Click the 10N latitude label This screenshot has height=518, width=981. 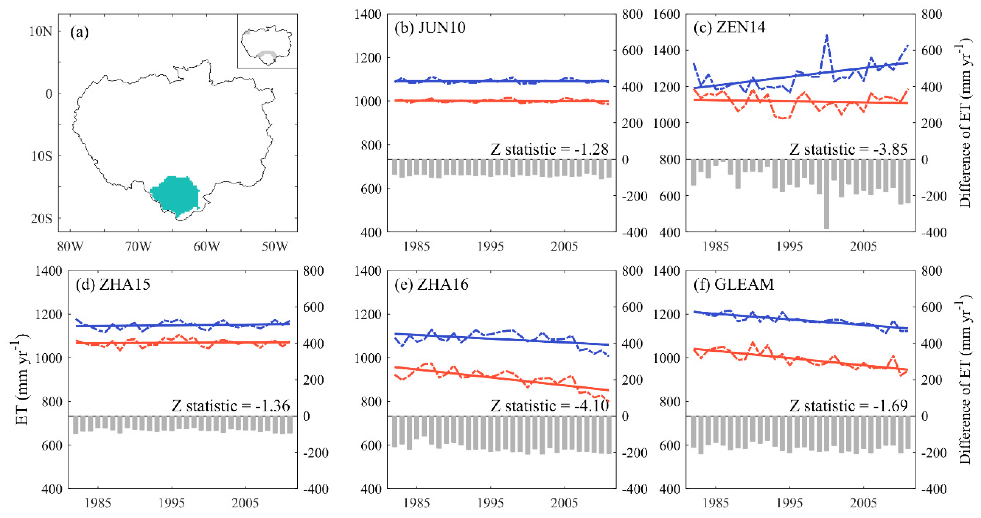(x=41, y=31)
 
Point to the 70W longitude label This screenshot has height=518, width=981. (x=138, y=246)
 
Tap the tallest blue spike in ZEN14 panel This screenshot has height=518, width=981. (x=826, y=36)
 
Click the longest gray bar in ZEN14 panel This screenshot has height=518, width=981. (x=826, y=194)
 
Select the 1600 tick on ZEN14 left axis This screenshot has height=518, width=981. (x=667, y=15)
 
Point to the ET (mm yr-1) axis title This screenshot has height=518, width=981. (x=22, y=379)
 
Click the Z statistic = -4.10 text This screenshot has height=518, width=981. (x=549, y=406)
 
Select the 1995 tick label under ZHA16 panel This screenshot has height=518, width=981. (x=490, y=503)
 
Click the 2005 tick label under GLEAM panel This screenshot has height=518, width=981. (x=863, y=503)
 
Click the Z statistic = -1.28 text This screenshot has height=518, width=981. (x=549, y=149)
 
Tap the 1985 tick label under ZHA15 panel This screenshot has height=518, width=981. (x=98, y=503)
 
